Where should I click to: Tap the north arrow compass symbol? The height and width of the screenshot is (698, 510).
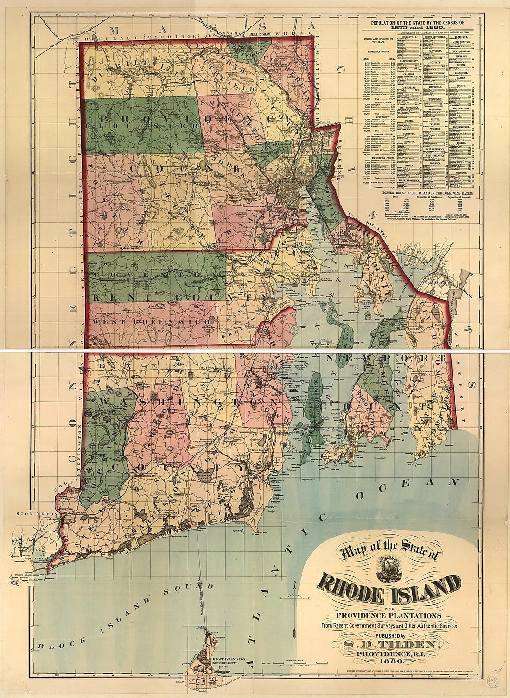295,595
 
